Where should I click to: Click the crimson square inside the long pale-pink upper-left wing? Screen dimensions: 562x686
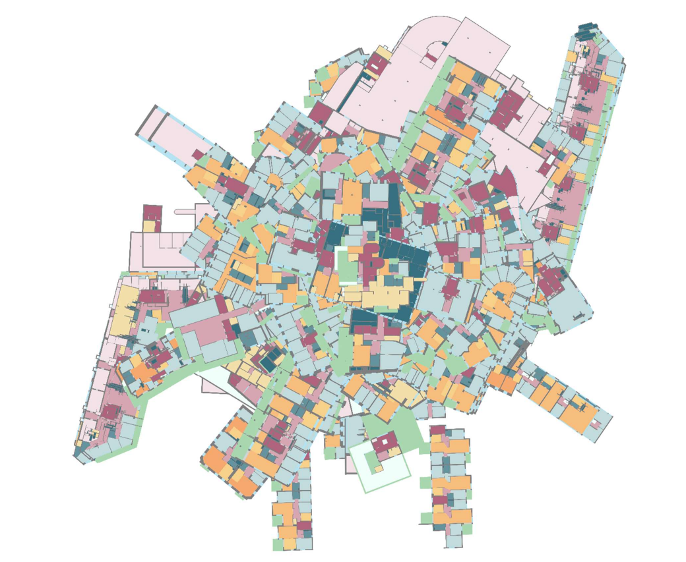[198, 155]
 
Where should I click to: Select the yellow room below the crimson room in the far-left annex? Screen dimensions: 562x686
[149, 226]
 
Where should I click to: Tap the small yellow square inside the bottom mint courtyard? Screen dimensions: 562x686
[378, 468]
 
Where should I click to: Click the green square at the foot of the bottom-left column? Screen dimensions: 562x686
[278, 545]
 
